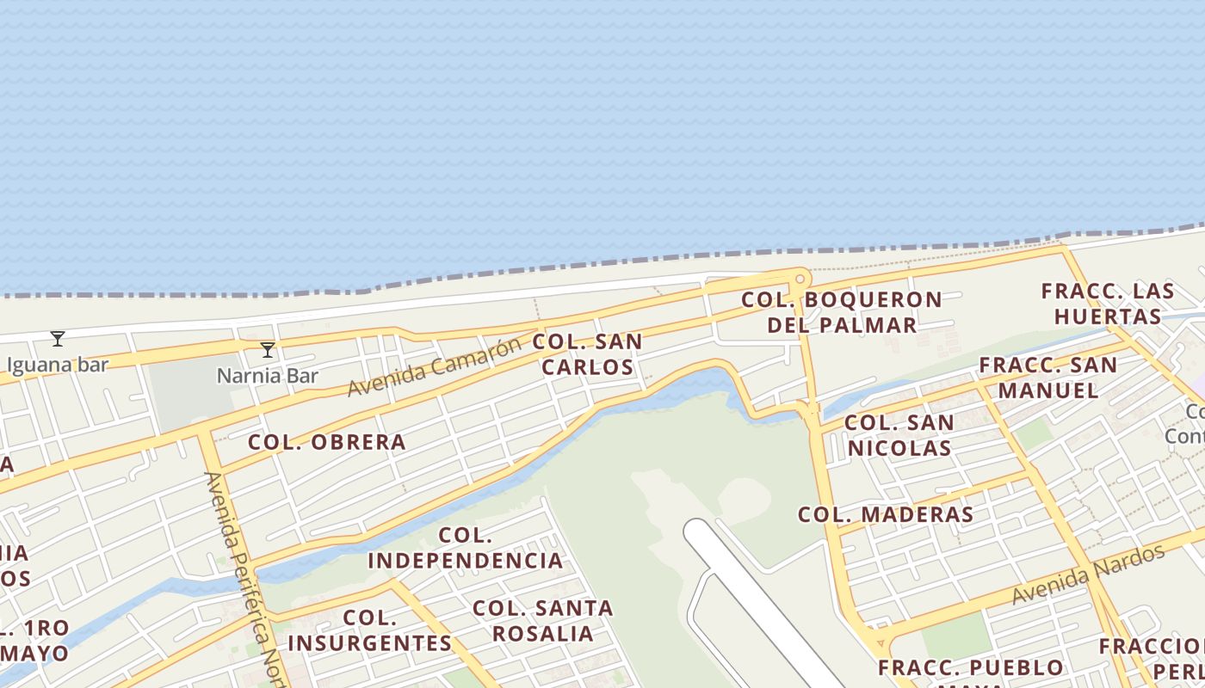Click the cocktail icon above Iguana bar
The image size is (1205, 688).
point(58,339)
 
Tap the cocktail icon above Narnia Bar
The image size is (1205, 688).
point(268,349)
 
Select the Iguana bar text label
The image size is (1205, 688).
point(58,365)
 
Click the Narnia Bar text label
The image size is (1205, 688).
point(268,376)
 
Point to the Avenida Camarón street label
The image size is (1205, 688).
point(434,366)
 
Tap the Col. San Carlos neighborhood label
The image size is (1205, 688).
point(588,354)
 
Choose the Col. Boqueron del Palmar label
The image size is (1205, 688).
point(842,312)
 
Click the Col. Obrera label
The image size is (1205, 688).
point(327,442)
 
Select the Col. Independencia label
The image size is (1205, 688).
point(466,549)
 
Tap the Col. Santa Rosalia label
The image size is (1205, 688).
point(543,621)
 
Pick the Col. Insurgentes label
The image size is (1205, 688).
point(369,630)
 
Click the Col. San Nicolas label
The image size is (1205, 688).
point(899,435)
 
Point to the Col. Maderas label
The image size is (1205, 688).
point(886,515)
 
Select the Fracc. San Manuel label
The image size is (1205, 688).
point(1047,378)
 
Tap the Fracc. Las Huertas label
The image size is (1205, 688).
point(1108,304)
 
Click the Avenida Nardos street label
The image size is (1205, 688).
point(1088,574)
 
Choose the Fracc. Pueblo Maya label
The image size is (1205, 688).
point(971,669)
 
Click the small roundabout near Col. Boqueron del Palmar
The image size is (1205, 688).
point(800,279)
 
